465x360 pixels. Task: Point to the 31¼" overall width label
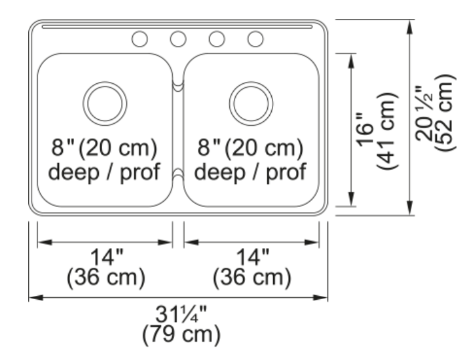coord(181,314)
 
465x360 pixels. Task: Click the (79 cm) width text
coord(181,334)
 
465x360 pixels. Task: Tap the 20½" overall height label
coord(424,113)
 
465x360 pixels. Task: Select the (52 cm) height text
coord(445,113)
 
